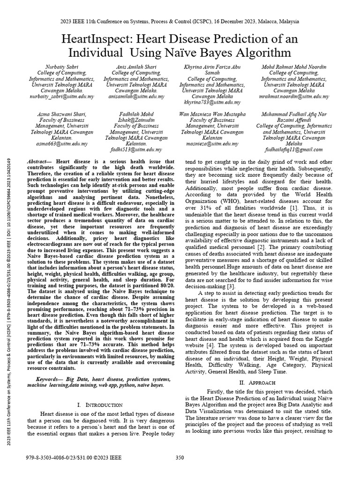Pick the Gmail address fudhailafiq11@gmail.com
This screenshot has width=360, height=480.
pyautogui.click(x=294, y=150)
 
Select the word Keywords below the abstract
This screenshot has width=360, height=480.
pyautogui.click(x=48, y=378)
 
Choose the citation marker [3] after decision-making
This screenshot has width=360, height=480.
pyautogui.click(x=230, y=286)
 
